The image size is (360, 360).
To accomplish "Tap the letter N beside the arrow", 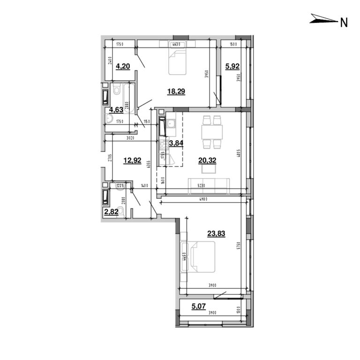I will point(344,22).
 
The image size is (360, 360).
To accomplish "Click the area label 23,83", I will point(216,233).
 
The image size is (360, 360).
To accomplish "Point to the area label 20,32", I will point(208,161).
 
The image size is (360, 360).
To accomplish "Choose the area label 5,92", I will point(232,67).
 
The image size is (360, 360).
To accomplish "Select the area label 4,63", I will point(116,111).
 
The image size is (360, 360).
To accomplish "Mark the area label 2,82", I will point(111,211).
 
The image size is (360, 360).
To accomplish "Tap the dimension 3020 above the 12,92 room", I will point(130,138).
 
